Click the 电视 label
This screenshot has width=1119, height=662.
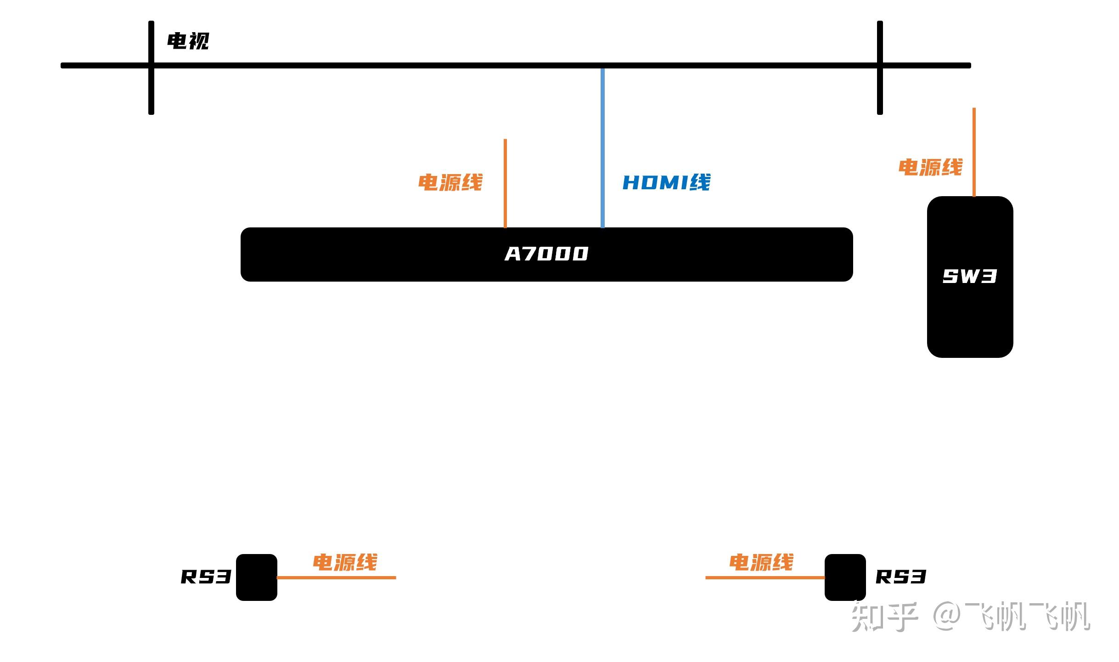[188, 41]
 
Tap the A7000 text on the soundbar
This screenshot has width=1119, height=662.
[546, 254]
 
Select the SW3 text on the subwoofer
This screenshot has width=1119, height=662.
[969, 276]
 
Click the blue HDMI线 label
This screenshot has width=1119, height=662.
[666, 182]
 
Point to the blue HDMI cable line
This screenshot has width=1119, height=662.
[602, 147]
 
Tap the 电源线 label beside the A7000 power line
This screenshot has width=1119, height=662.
[450, 182]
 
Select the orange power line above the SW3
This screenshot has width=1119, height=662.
[974, 152]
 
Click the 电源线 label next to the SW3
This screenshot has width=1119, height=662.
[930, 167]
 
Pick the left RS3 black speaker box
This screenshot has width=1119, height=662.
[256, 577]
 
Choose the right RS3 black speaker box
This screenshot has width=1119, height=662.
[845, 577]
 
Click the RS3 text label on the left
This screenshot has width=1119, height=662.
[206, 577]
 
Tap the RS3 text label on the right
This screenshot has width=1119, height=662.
[900, 577]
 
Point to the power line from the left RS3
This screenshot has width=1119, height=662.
[336, 577]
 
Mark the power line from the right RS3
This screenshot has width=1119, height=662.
[765, 577]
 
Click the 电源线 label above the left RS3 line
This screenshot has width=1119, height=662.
[345, 562]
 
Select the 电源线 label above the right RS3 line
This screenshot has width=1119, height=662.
[761, 562]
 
